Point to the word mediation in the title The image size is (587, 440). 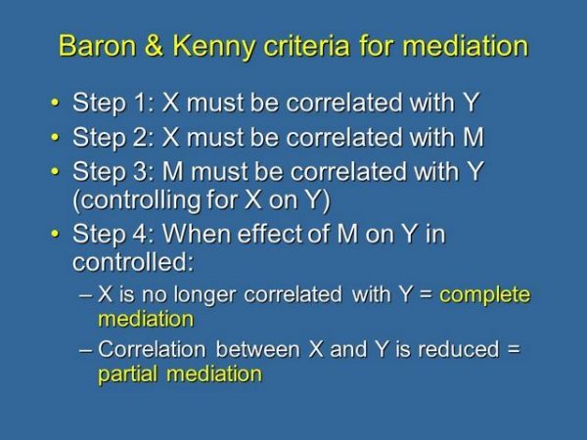(461, 46)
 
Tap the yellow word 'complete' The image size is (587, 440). (485, 295)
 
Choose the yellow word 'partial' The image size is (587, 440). (130, 374)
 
